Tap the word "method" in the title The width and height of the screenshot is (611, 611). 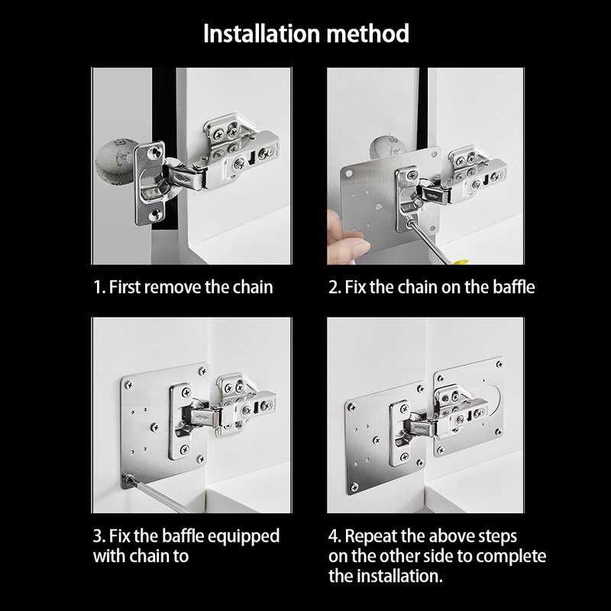[x=368, y=34]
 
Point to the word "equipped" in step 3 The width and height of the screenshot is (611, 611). [x=243, y=537]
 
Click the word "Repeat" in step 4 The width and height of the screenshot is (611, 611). [x=370, y=537]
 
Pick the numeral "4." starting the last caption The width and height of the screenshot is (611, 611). [x=335, y=537]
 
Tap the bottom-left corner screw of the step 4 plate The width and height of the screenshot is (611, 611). [x=354, y=487]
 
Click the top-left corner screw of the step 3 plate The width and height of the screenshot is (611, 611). [x=128, y=385]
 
